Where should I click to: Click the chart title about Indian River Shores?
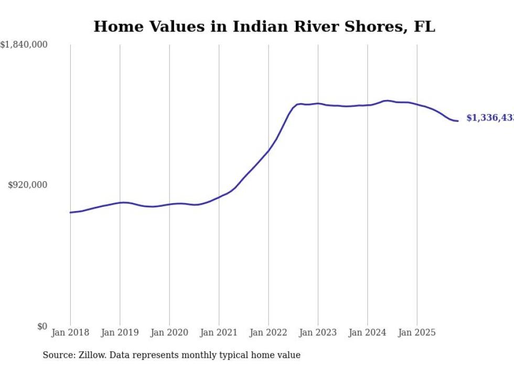coord(264,27)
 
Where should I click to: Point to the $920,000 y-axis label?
coord(28,185)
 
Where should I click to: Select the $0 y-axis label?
coord(42,326)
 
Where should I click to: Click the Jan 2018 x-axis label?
coord(70,332)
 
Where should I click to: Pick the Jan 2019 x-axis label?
coord(120,332)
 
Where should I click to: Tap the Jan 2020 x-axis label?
coord(169,332)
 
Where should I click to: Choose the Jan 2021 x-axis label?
coord(219,332)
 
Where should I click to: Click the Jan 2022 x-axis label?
coord(269,332)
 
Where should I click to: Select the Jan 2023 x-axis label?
coord(318,332)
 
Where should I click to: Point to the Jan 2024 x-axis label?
coord(368,332)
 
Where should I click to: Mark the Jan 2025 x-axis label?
coord(417,332)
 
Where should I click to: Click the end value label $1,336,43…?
coord(490,118)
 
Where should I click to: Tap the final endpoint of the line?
coord(458,121)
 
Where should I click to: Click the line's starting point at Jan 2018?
coord(70,213)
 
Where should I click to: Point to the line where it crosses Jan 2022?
coord(269,151)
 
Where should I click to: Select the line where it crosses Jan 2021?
coord(219,197)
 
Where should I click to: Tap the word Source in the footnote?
coord(57,355)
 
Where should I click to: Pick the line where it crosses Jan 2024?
coord(368,105)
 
